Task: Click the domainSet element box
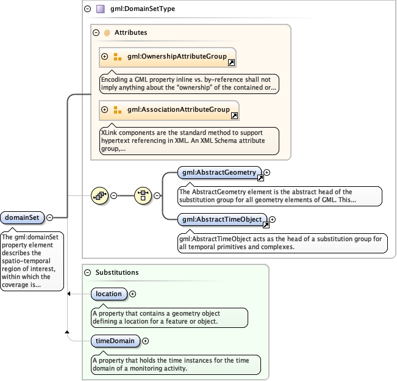(23, 217)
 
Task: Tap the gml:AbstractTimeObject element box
(222, 219)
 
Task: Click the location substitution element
(109, 294)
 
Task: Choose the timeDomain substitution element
(115, 341)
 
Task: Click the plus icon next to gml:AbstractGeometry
(266, 173)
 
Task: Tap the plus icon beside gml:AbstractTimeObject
(273, 219)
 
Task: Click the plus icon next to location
(133, 294)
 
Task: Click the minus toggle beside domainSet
(50, 217)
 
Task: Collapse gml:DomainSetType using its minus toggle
(87, 9)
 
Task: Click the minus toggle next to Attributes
(96, 32)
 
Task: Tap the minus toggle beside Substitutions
(87, 272)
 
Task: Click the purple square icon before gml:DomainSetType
(100, 9)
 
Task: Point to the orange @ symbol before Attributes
(107, 32)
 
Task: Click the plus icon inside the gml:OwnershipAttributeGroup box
(104, 56)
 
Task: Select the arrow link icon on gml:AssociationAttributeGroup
(235, 116)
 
